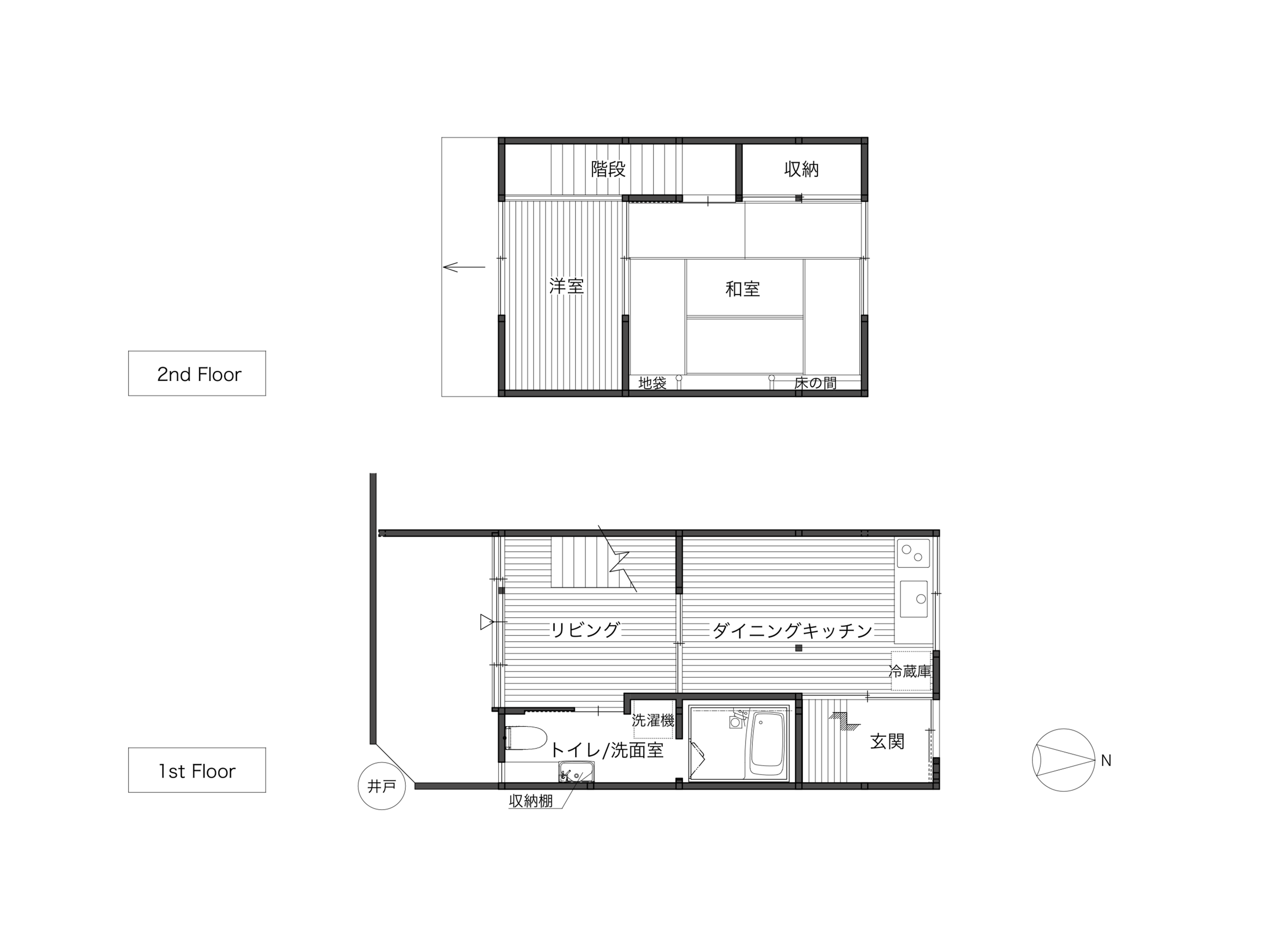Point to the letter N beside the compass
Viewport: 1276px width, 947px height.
tap(1106, 761)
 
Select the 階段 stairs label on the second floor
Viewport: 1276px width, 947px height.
tap(608, 169)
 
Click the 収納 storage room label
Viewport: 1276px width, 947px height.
tap(801, 169)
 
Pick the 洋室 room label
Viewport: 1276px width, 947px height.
tap(566, 286)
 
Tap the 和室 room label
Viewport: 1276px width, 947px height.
tap(743, 289)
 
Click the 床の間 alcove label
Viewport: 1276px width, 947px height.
tap(815, 383)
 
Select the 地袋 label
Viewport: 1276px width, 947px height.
tap(652, 383)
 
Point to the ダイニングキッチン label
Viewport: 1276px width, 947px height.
tap(792, 631)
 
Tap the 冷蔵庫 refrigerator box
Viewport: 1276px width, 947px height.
tap(910, 671)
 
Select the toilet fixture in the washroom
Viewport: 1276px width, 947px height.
tap(526, 738)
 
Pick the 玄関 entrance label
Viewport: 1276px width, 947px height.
tap(887, 741)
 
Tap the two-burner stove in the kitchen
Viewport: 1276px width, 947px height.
tap(913, 553)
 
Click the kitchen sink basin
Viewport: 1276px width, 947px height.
tap(914, 599)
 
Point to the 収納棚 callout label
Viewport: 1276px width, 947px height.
tap(531, 801)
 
